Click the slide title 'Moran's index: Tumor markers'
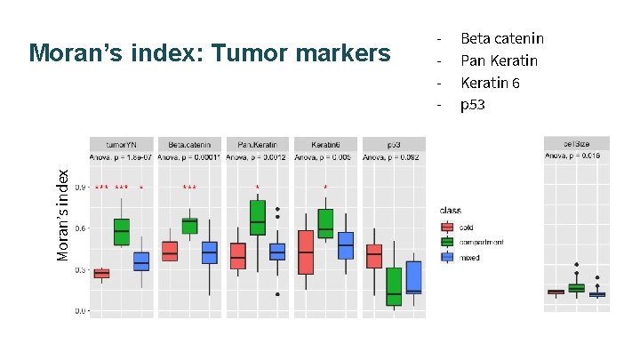[209, 54]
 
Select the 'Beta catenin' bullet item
[501, 38]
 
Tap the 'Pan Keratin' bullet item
[499, 60]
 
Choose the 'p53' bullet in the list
[473, 105]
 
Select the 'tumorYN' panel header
[122, 143]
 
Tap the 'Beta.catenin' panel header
[189, 143]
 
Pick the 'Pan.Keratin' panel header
[257, 143]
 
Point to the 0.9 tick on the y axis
[80, 188]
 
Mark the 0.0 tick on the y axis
[80, 311]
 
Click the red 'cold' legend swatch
[447, 227]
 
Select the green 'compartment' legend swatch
[447, 242]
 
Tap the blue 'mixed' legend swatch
[447, 257]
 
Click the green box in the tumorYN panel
[122, 231]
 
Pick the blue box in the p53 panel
[413, 276]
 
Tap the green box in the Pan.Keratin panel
[257, 217]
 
